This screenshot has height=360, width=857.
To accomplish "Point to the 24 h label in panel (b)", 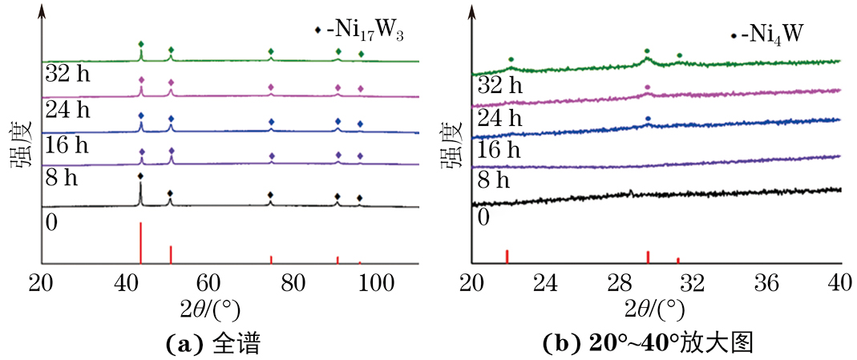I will tap(498, 118).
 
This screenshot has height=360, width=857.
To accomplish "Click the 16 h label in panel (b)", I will tap(498, 149).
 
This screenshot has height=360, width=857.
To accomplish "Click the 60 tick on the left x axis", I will tap(208, 283).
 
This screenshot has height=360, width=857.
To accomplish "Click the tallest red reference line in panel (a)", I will tap(140, 242).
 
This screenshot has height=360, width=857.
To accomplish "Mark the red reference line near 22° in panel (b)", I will tap(507, 256).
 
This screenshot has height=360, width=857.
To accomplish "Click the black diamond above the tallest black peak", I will tap(140, 176).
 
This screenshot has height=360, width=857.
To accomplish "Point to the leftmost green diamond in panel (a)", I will tap(141, 44).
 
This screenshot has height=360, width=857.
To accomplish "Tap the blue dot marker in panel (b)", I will tap(648, 119).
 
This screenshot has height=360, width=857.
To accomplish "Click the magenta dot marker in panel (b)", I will tap(648, 87).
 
